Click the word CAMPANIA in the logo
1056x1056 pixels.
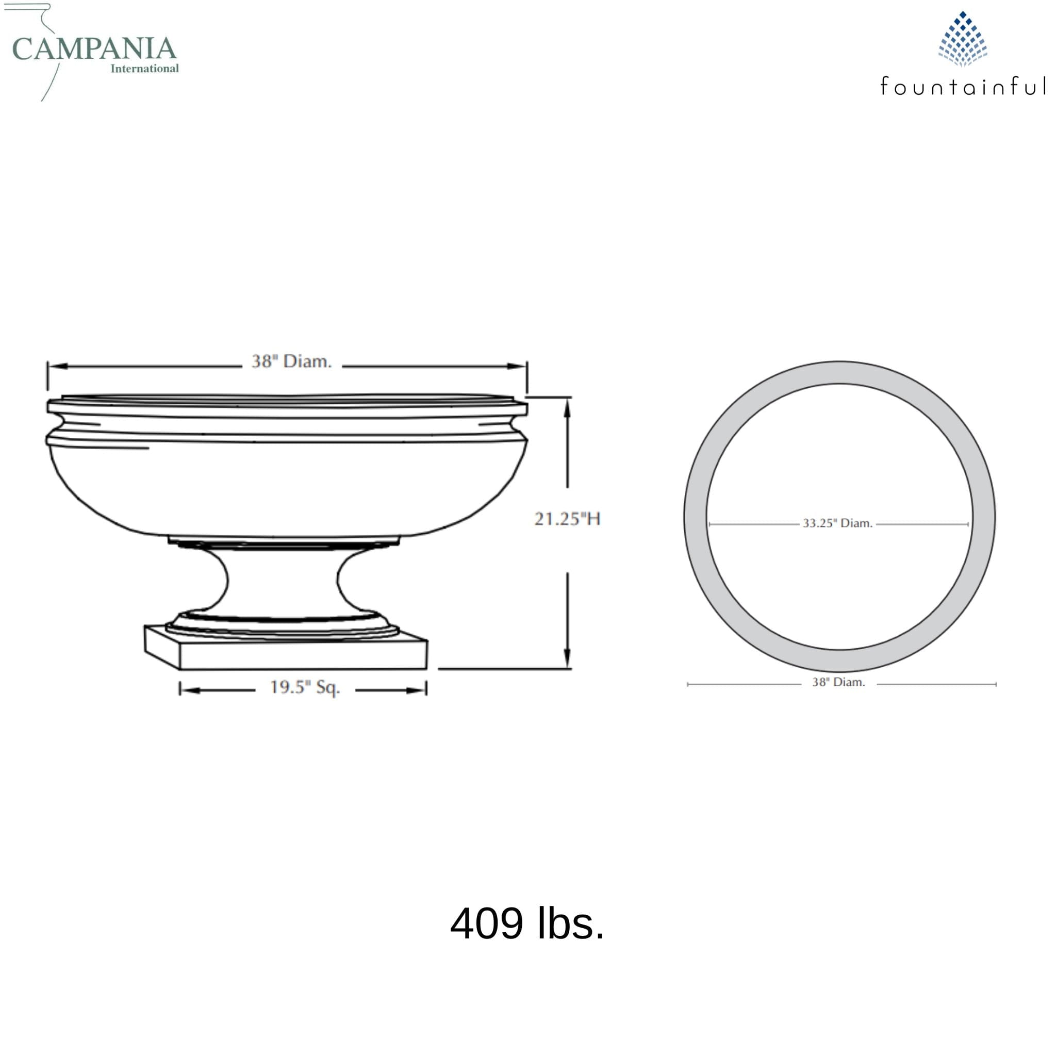tap(94, 49)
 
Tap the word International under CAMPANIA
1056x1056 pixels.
tap(144, 69)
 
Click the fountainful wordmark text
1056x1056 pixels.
tap(963, 86)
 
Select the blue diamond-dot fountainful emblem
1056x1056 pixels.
tap(963, 39)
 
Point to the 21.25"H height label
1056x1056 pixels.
tap(567, 519)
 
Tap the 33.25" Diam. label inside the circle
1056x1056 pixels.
tap(837, 523)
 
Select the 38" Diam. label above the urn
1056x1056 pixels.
tap(291, 361)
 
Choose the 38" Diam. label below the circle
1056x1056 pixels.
tap(838, 682)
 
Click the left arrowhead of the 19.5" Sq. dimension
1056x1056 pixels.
tap(189, 690)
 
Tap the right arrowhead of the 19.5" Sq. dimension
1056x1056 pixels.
tap(417, 690)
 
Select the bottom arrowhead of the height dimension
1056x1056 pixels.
tap(567, 659)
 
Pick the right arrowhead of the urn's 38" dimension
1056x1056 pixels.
tap(517, 366)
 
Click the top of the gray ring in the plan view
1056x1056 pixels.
tap(839, 372)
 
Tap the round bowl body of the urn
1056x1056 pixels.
tap(287, 486)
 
